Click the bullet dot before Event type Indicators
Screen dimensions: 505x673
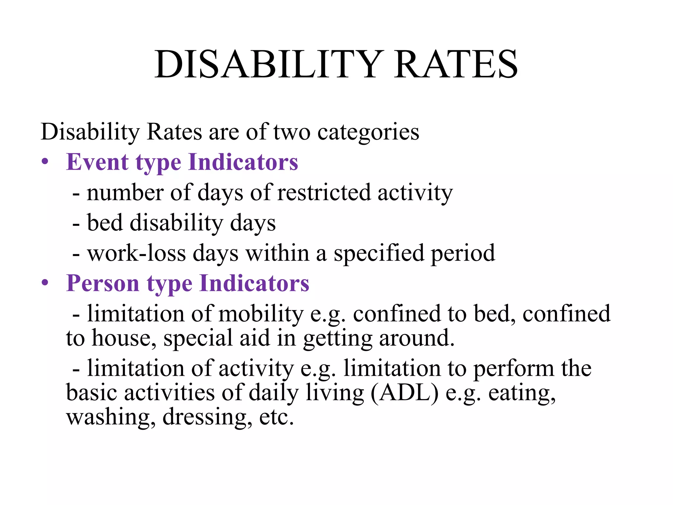[x=45, y=162]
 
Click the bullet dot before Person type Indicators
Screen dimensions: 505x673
[x=45, y=283]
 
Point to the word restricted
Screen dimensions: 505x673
[x=324, y=193]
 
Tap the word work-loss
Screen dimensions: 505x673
[x=137, y=253]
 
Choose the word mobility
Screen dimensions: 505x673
[x=261, y=314]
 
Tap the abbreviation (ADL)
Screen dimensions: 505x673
[x=405, y=393]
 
